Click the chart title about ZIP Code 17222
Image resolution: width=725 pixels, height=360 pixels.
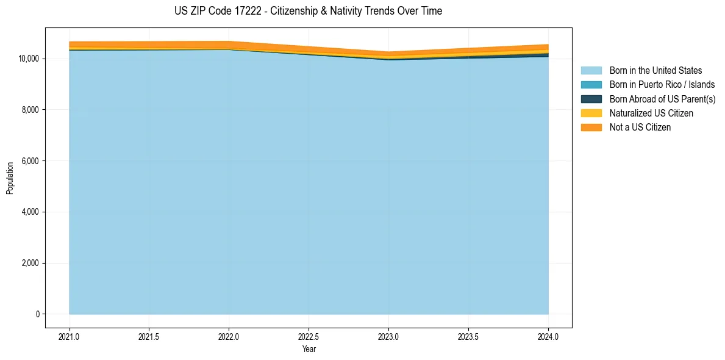[308, 11]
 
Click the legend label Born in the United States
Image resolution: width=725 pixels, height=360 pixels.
[655, 71]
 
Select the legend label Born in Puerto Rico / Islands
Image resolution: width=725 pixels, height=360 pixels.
[662, 85]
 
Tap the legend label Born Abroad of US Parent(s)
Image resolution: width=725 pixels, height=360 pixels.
[662, 99]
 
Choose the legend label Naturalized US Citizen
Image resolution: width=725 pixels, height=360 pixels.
[651, 113]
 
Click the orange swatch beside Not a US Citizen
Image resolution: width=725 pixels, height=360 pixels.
[591, 128]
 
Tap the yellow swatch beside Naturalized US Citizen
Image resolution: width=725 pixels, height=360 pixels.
[591, 113]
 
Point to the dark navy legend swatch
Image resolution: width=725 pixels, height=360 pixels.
[591, 99]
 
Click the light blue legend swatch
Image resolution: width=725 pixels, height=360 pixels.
[591, 71]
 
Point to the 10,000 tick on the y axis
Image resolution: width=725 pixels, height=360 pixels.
[29, 59]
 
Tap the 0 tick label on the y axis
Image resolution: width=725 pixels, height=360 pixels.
[38, 314]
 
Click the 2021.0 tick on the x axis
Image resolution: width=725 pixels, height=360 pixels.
[70, 336]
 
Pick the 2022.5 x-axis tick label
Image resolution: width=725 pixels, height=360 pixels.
[309, 336]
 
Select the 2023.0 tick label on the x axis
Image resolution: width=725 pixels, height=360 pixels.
[389, 336]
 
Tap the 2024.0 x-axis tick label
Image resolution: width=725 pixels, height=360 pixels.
[549, 336]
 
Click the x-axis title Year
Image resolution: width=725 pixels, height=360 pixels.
[309, 349]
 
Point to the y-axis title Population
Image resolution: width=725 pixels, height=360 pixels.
[10, 178]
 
